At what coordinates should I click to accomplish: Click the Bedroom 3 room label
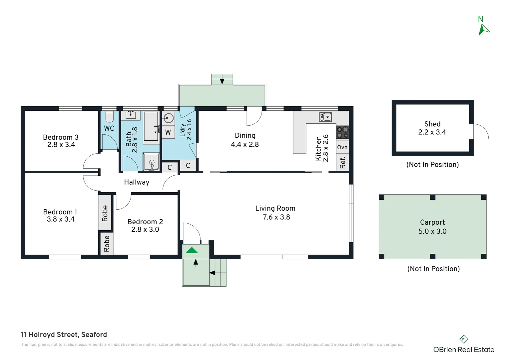(61, 137)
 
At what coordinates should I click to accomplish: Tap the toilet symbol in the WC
(110, 117)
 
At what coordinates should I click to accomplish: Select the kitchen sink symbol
(325, 117)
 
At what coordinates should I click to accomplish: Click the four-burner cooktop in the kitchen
(342, 132)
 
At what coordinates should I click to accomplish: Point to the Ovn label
(342, 147)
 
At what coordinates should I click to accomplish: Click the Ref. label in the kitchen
(342, 162)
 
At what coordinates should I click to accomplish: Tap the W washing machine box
(168, 132)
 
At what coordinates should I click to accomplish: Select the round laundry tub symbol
(169, 118)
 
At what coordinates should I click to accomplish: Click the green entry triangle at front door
(192, 250)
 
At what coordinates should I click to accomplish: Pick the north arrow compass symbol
(483, 29)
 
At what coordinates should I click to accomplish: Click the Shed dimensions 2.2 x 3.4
(432, 132)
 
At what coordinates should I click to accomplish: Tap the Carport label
(432, 222)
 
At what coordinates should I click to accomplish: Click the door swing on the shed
(481, 132)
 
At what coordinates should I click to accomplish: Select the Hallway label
(137, 182)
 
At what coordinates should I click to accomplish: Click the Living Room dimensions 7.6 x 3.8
(276, 217)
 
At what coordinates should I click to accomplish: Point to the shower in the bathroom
(152, 162)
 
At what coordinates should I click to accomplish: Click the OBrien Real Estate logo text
(463, 350)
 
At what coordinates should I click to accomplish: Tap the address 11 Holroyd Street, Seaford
(64, 335)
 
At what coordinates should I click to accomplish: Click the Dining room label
(245, 136)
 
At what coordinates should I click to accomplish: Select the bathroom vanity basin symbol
(131, 115)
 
